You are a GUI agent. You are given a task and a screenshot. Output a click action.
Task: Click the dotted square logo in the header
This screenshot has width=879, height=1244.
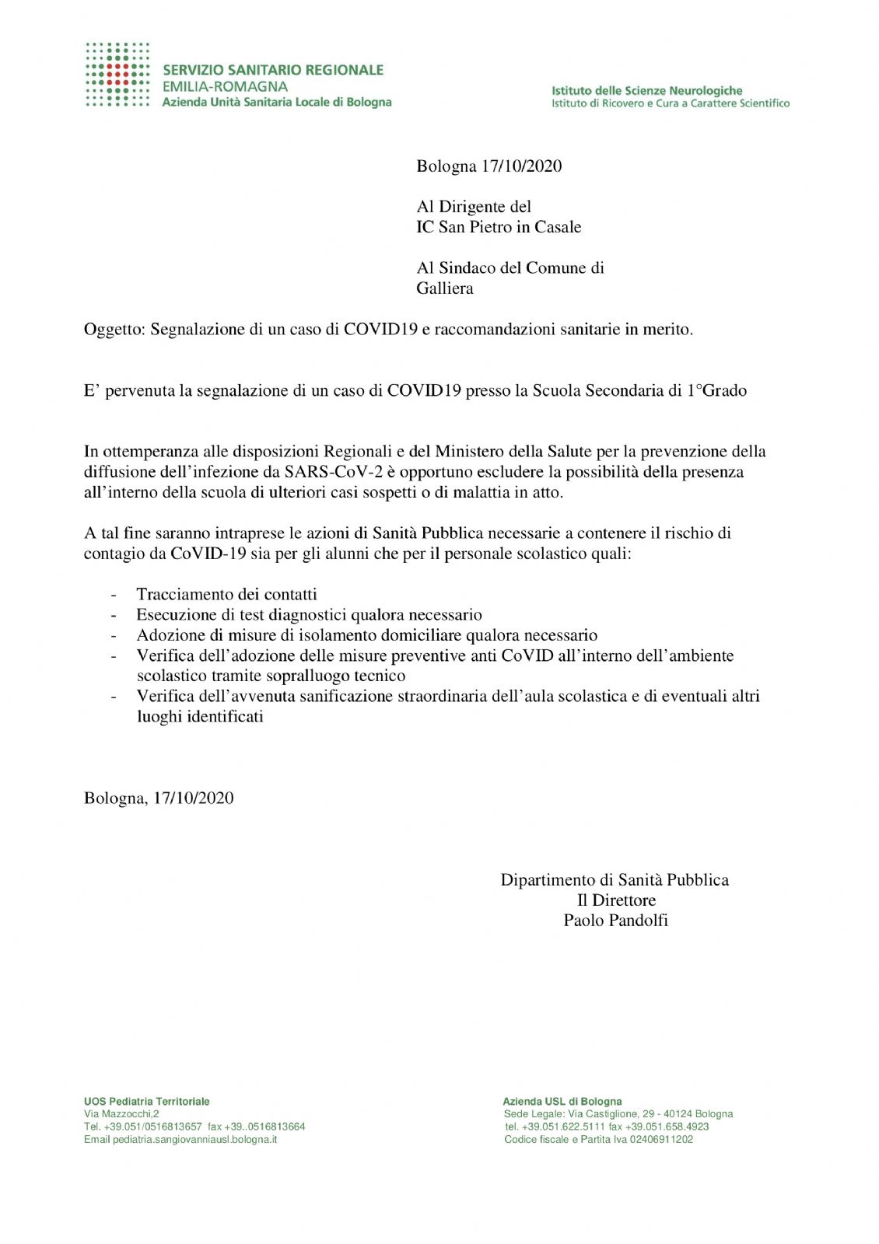point(117,75)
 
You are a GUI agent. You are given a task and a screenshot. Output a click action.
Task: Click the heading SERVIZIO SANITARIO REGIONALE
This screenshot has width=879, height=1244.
point(273,70)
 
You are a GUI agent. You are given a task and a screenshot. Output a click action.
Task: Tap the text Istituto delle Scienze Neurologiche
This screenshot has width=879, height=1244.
point(646,91)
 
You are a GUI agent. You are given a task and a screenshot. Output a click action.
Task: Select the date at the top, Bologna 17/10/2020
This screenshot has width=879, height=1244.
point(489,166)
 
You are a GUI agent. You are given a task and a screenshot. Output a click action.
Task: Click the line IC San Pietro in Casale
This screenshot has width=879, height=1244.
point(499,227)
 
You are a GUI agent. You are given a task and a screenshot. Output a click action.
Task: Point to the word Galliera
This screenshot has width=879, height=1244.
point(445,288)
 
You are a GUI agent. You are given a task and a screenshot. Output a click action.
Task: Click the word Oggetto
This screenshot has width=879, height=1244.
point(114,330)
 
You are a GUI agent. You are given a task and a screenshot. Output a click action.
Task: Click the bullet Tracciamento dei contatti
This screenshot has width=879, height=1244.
point(226,595)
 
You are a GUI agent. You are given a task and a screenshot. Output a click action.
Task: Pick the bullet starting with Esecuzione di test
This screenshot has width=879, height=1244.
point(309,615)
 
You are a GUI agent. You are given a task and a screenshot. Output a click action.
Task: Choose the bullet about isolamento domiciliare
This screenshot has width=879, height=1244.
point(366,635)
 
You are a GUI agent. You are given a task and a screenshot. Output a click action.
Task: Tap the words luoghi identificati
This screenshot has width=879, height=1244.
point(200,717)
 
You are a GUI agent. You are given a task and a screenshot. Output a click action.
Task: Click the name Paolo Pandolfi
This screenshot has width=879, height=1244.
point(615,921)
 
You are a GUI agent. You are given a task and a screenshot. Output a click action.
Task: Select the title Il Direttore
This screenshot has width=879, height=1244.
point(616,900)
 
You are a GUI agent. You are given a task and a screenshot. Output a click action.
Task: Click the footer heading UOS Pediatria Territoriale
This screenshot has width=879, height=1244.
point(147,1102)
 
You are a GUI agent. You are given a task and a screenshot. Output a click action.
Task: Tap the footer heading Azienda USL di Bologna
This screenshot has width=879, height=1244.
point(562,1102)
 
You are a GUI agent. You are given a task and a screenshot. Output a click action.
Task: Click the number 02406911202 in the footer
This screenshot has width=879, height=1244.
point(661,1140)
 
